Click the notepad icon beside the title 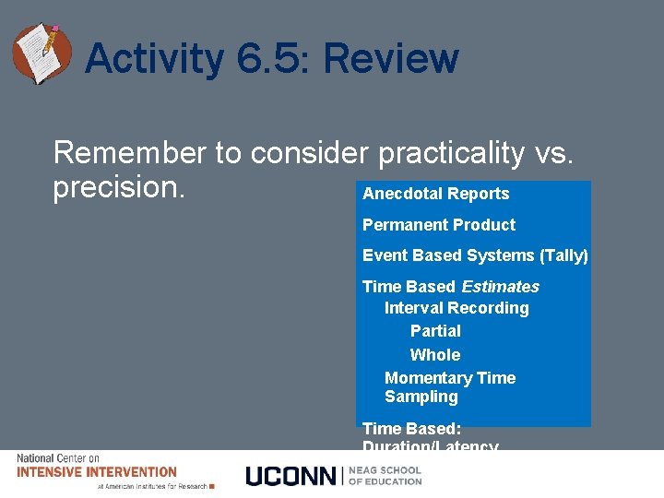click(41, 53)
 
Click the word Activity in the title click(153, 60)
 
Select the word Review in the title click(390, 60)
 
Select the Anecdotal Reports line click(435, 194)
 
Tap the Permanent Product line click(438, 225)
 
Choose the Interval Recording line click(456, 308)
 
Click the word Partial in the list click(435, 331)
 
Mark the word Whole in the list click(434, 355)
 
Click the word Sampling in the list click(421, 397)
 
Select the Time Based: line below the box click(411, 429)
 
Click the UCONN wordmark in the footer click(291, 476)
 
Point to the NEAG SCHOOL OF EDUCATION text click(385, 476)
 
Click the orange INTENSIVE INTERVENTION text click(97, 472)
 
